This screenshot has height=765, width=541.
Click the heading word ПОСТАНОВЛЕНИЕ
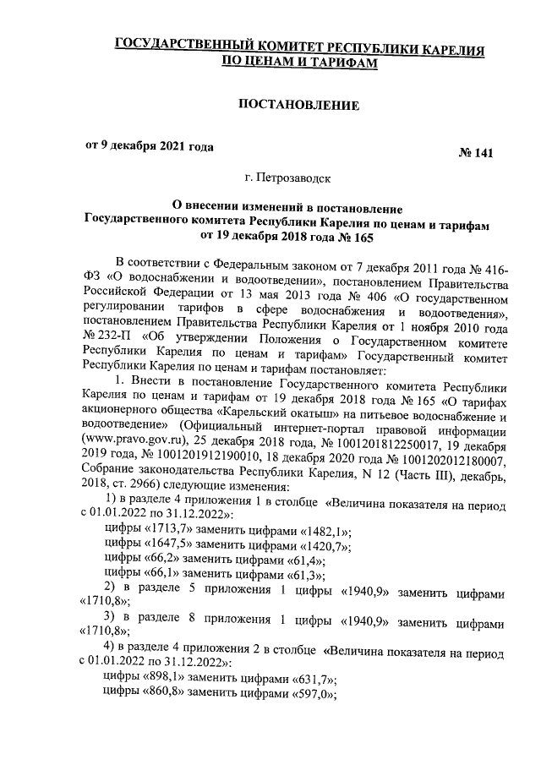coord(299,105)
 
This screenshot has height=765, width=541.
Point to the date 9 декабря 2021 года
coord(147,145)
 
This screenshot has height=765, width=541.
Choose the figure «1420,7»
coord(325,545)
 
